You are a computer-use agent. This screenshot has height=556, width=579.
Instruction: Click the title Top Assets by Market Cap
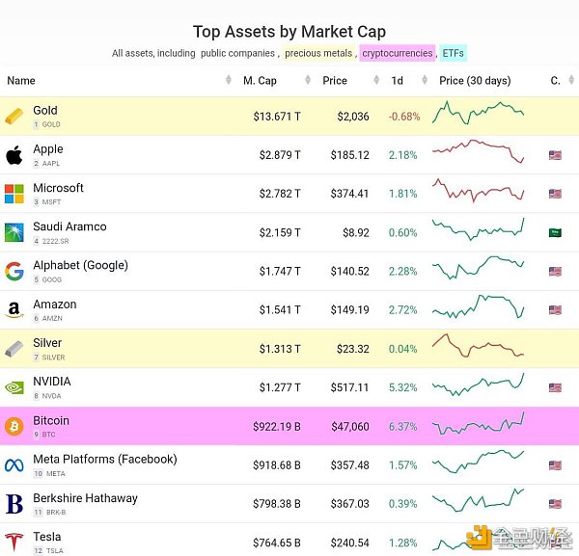pos(289,32)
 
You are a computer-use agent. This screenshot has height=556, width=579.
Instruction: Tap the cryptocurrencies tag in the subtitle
pos(397,53)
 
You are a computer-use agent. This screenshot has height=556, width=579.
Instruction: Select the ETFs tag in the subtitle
pos(454,53)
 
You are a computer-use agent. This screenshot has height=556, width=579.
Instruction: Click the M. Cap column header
pos(260,81)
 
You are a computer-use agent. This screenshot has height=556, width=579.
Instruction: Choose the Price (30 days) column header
pos(474,81)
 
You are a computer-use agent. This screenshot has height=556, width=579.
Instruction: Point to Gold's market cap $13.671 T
pos(277,117)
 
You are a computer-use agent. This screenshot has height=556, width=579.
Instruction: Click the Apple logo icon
pos(14,155)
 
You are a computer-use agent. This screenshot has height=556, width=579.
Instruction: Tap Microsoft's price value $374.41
pos(349,194)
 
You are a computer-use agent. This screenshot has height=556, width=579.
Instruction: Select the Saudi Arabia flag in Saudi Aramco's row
pos(555,232)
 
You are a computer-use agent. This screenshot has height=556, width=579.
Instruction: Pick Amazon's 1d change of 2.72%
pos(402,310)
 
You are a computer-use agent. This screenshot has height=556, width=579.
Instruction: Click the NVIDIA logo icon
pos(14,387)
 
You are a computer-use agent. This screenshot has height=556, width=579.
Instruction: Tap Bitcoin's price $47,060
pos(348,427)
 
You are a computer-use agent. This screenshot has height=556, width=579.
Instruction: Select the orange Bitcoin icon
pos(14,426)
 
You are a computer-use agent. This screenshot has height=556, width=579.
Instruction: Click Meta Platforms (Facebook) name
pos(104,459)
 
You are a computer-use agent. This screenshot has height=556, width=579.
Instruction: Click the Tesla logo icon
pos(14,542)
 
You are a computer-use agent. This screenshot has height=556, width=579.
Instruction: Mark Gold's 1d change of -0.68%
pos(403,117)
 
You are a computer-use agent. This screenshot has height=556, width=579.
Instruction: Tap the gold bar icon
pos(14,117)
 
